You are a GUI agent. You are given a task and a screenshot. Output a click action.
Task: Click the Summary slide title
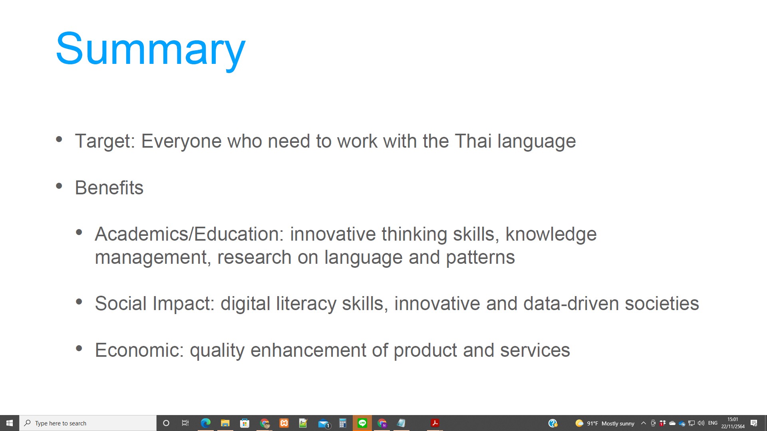coord(151,49)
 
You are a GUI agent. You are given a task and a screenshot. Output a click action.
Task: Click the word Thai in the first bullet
coord(473,141)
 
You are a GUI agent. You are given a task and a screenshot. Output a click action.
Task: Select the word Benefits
coord(109,188)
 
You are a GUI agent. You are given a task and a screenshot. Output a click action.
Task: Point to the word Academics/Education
coord(189,234)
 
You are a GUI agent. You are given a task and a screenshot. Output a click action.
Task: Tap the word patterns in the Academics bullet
coord(480,258)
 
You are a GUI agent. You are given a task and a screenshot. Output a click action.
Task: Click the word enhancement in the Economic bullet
coord(308,350)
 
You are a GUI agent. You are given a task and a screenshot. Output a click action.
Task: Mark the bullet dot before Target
coord(59,139)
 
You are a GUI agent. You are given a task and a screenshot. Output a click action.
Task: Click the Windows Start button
coord(10,423)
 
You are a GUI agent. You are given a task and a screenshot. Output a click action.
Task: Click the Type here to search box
coord(88,423)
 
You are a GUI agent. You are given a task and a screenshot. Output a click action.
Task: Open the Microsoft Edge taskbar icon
coord(205,423)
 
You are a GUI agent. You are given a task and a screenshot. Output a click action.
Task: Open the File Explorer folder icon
coord(225,423)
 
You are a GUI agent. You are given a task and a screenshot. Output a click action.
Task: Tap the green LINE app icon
coord(362,423)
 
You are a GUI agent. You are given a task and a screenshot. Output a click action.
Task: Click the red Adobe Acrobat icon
coord(435,423)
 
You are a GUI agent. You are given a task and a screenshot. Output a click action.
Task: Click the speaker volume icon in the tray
coord(701,423)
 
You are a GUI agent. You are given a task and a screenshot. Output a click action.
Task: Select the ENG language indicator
coord(713,423)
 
